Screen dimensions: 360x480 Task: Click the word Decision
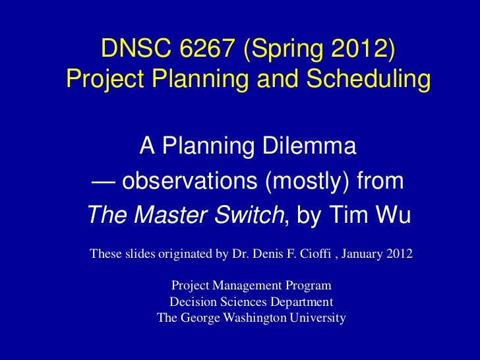pyautogui.click(x=191, y=302)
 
